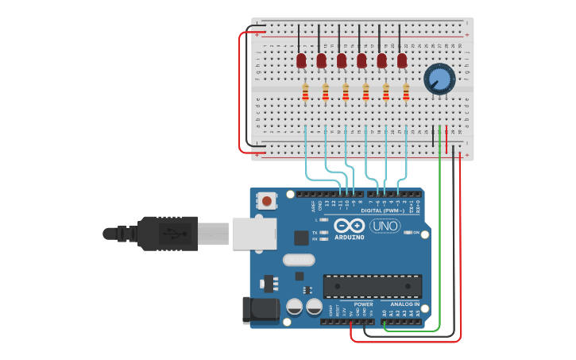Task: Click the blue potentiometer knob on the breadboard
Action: (x=438, y=79)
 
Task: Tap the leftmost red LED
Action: (x=301, y=60)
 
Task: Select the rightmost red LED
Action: (x=402, y=60)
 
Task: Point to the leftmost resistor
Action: (x=305, y=93)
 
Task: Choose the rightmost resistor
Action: (x=406, y=93)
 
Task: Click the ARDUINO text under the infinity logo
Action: (x=349, y=237)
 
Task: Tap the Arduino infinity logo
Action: (x=349, y=226)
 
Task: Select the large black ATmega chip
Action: (x=372, y=286)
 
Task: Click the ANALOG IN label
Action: (x=404, y=304)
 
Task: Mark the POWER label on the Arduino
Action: (x=363, y=304)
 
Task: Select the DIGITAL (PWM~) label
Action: (x=382, y=211)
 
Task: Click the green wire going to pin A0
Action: (x=439, y=238)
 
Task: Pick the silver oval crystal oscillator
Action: (x=299, y=259)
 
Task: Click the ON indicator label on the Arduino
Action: (x=416, y=232)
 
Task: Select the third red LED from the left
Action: (x=342, y=60)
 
